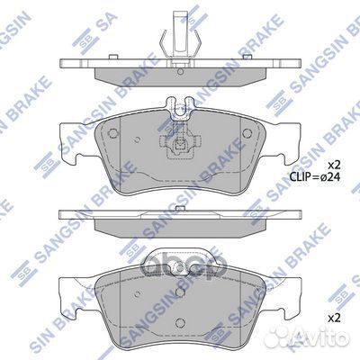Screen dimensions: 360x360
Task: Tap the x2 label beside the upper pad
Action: click(333, 166)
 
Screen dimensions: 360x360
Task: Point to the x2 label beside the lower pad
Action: click(333, 319)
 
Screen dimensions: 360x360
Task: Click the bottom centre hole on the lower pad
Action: click(180, 332)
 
